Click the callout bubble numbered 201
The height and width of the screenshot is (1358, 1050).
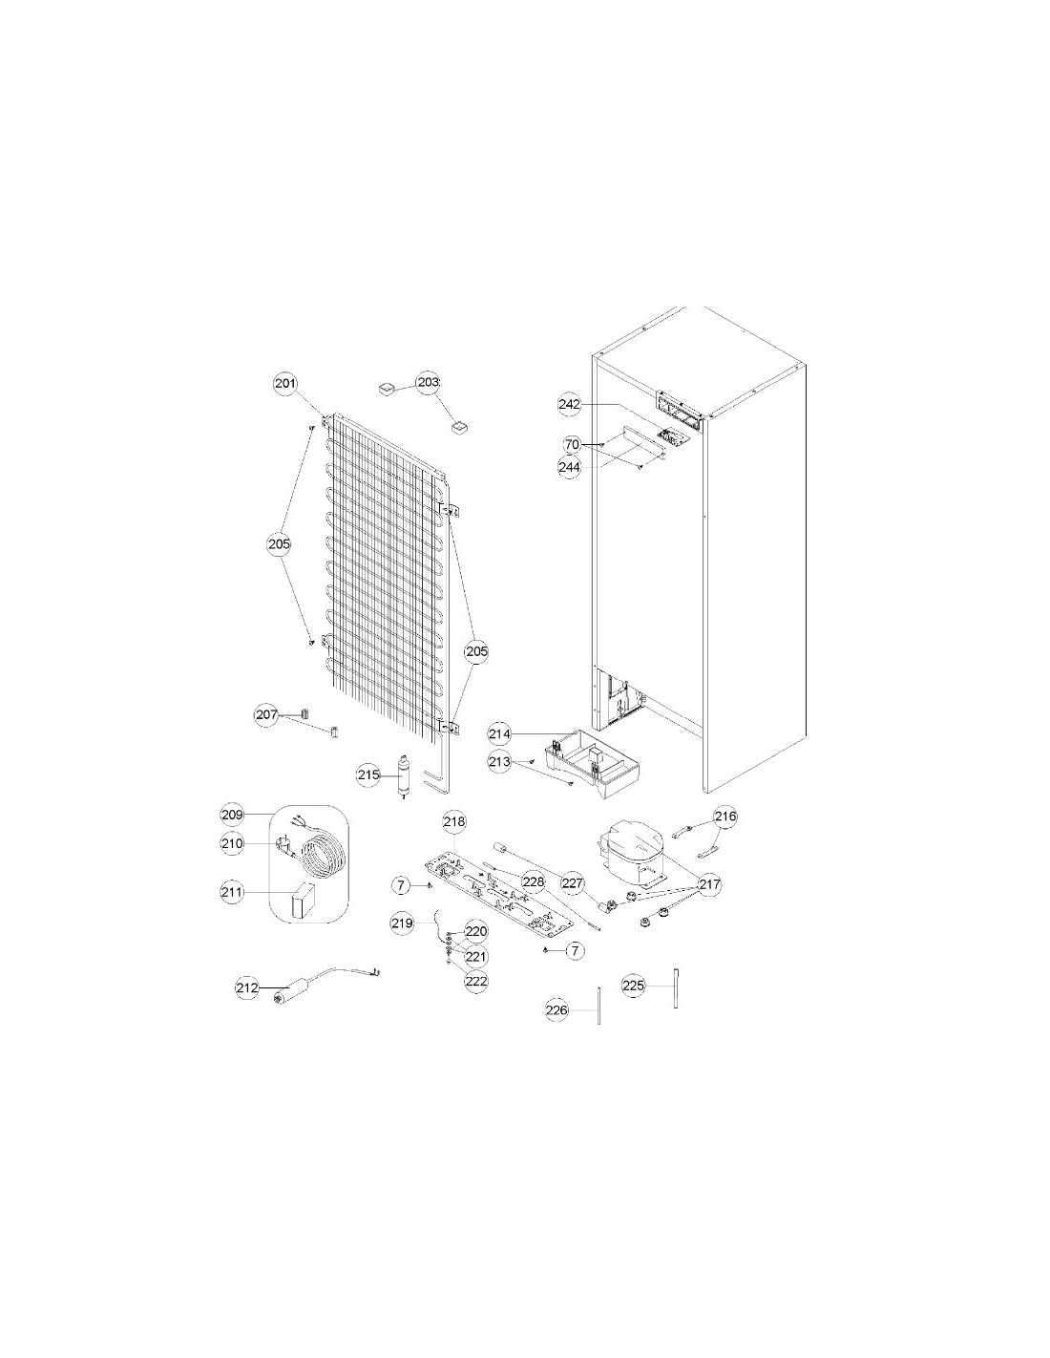point(285,383)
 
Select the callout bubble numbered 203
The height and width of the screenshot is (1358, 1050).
point(429,382)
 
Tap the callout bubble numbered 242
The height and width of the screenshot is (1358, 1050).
point(569,404)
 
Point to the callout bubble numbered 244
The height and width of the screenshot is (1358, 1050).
point(569,467)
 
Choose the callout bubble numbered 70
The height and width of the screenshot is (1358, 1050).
point(572,445)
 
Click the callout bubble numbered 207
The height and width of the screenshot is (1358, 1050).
point(266,715)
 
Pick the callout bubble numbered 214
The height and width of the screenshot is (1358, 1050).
point(499,734)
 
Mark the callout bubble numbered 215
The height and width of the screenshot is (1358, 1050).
point(368,775)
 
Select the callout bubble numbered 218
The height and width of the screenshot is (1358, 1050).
point(454,822)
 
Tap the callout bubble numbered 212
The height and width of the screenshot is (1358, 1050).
point(246,988)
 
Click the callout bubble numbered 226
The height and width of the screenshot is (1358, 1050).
point(557,1010)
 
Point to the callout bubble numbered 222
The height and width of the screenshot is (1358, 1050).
point(476,981)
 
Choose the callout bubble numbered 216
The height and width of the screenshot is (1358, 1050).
point(725,817)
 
